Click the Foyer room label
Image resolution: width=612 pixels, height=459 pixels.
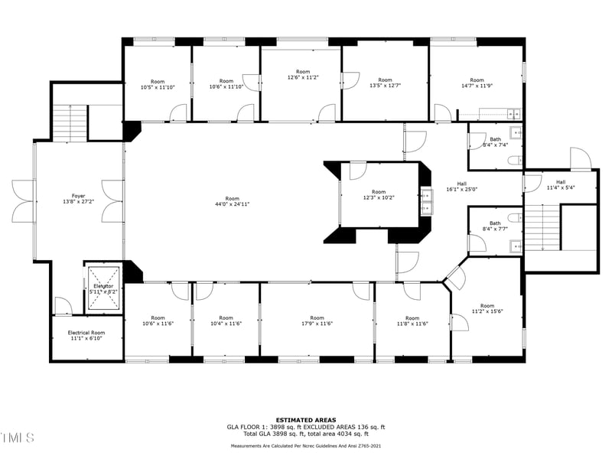(x=79, y=196)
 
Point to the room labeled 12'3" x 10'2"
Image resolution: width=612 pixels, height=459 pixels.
(x=379, y=195)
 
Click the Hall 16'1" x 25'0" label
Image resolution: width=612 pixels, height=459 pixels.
(x=461, y=187)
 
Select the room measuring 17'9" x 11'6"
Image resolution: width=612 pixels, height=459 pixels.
(x=317, y=321)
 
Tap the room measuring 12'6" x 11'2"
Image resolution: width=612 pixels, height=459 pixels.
(x=303, y=74)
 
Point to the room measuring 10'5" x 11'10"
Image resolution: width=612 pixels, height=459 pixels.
(x=158, y=84)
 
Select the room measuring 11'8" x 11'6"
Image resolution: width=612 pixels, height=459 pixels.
(x=412, y=321)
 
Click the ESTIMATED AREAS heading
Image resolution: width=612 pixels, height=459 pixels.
(x=306, y=420)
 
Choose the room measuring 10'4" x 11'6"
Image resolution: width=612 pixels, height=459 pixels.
(x=226, y=321)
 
